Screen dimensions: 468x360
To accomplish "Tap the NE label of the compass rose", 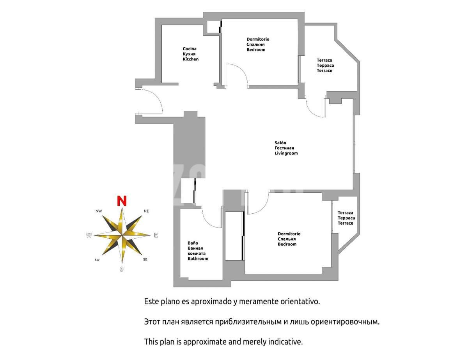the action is [146, 211].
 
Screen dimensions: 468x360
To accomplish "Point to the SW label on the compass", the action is [97, 260].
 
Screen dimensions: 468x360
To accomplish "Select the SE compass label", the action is [145, 259].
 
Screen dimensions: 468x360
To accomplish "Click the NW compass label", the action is [99, 211].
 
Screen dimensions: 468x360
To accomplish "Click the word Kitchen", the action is [191, 59].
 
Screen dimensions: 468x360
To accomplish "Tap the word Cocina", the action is [190, 49].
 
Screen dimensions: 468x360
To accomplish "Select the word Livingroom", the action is [286, 153].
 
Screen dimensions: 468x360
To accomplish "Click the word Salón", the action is [280, 143].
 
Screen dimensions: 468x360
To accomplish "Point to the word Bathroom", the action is [198, 259].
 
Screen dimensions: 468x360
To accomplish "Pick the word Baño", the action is [193, 243].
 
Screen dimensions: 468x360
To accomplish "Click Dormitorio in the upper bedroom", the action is [258, 39].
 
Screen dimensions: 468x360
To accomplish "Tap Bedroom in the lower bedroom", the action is [287, 244].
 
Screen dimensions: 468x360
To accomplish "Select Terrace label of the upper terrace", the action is [324, 71].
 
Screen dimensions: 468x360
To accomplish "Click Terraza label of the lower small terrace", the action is [345, 213].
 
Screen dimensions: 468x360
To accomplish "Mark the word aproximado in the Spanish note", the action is [211, 302].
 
